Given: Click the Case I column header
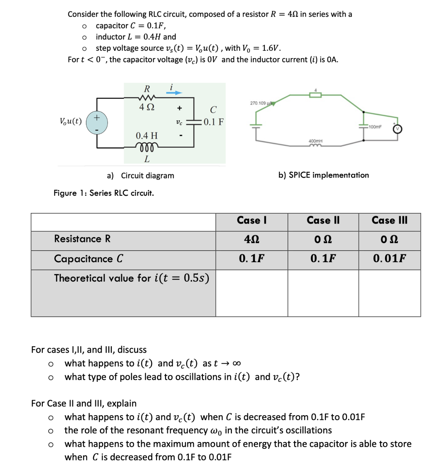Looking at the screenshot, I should click(251, 220).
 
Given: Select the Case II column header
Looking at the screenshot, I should click(323, 220).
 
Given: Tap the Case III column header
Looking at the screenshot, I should click(389, 220).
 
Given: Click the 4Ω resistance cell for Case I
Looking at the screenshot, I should click(251, 240).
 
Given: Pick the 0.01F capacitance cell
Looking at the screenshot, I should click(389, 258).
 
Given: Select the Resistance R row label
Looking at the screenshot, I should click(82, 239).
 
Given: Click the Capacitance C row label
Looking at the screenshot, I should click(88, 259).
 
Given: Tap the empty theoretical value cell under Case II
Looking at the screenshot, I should click(323, 293).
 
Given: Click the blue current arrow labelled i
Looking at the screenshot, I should click(174, 93).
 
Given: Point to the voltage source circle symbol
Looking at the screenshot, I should click(97, 122).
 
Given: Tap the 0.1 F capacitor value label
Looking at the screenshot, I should click(213, 122).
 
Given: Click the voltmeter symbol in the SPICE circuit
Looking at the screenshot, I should click(397, 129).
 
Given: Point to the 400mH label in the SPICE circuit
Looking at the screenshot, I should click(315, 141).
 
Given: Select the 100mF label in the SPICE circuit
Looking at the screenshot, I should click(375, 127).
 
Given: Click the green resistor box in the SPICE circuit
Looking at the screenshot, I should click(315, 95).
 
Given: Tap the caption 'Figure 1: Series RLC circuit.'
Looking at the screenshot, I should click(104, 193).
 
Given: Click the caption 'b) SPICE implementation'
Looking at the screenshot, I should click(323, 175).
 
